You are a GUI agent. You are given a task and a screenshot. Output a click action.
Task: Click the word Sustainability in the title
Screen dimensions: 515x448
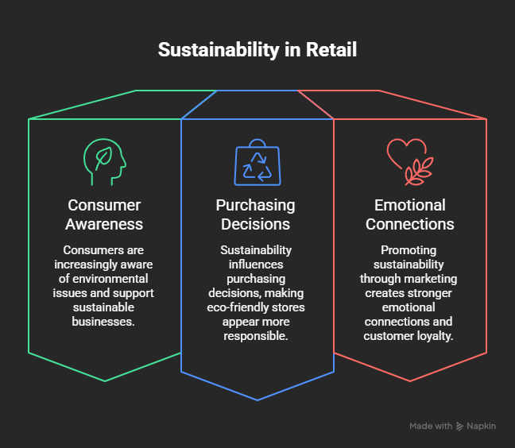(x=219, y=50)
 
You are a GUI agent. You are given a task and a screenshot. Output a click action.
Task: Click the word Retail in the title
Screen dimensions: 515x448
(x=331, y=49)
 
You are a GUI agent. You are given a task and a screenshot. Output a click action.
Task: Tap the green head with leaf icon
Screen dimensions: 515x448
(x=105, y=162)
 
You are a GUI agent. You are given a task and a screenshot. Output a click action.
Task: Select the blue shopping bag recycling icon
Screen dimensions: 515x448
(x=257, y=162)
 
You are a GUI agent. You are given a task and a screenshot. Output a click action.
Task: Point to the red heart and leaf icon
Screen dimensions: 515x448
(x=410, y=162)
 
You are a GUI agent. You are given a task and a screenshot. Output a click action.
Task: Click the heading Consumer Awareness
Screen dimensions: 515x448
(x=104, y=214)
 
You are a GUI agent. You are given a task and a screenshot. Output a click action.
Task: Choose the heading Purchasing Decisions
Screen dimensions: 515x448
(x=256, y=214)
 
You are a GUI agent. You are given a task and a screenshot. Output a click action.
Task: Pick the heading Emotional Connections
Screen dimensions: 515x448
(x=410, y=214)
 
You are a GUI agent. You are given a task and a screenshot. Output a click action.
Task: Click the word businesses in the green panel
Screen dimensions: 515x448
(x=103, y=322)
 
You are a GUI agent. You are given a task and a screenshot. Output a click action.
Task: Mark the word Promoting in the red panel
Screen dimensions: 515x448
(x=409, y=250)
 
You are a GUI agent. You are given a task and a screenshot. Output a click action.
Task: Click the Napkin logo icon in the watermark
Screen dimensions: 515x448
(x=459, y=427)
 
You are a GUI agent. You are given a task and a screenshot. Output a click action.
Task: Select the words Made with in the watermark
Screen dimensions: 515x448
(x=431, y=426)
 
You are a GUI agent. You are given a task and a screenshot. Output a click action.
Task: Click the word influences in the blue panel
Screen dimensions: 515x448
(x=256, y=265)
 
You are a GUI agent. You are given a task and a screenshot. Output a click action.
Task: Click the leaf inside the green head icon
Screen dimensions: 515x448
(x=104, y=158)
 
